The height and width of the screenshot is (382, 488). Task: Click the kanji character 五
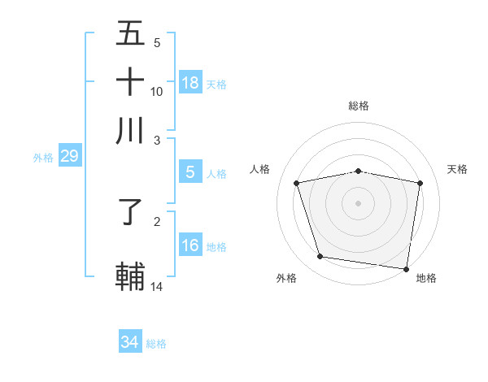130,34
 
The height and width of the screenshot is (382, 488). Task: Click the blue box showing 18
190,82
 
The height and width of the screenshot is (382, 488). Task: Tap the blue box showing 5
190,172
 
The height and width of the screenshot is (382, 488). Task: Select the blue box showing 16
190,245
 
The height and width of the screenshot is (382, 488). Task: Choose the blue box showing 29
69,156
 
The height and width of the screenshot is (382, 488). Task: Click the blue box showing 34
129,342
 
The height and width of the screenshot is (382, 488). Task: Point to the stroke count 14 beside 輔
157,286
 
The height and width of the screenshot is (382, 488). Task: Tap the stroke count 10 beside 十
157,91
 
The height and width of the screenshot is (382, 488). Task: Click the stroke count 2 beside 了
157,221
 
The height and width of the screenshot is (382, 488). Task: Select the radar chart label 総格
359,106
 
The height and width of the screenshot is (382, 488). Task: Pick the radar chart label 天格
457,169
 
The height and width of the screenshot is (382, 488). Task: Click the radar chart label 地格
426,279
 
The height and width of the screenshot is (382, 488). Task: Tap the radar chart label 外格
286,279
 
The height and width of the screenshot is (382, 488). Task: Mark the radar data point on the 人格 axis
297,184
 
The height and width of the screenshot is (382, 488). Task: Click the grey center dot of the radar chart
359,203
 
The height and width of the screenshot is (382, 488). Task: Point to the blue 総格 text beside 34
156,344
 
